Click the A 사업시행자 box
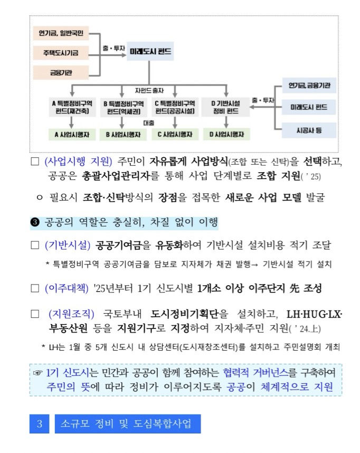tap(71, 135)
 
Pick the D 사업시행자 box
tap(226, 135)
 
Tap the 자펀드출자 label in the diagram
tap(149, 90)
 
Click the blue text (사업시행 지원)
tap(79, 161)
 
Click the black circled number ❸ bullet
tap(35, 222)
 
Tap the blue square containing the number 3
tap(39, 423)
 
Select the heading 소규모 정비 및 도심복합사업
tap(127, 423)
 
